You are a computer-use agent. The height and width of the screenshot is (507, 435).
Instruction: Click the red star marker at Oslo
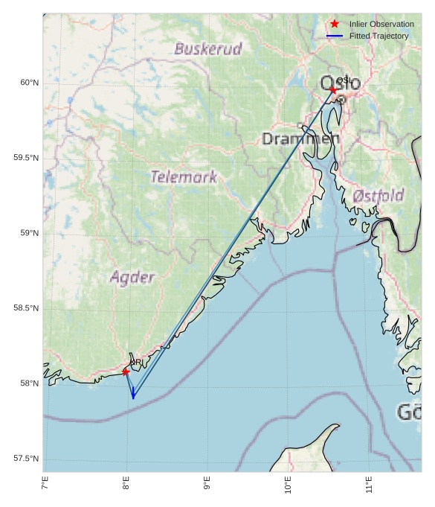(x=332, y=89)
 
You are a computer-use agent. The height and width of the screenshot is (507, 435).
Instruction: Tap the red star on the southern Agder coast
(x=126, y=372)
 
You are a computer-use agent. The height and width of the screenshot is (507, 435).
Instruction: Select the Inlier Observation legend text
(x=381, y=25)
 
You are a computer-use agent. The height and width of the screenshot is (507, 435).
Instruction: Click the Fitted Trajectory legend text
(x=378, y=36)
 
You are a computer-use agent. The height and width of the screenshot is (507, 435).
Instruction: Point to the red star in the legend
(x=335, y=24)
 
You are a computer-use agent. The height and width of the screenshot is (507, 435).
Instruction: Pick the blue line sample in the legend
(x=335, y=36)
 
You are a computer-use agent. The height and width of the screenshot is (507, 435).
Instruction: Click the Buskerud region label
(x=208, y=49)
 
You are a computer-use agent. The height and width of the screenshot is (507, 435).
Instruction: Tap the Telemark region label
(x=184, y=177)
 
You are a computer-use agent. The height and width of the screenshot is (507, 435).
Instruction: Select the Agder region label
(x=132, y=278)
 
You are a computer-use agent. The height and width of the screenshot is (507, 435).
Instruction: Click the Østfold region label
(x=378, y=196)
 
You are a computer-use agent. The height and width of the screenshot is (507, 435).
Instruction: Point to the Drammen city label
(x=300, y=138)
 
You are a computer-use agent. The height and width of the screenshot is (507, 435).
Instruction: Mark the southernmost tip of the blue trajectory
(x=133, y=398)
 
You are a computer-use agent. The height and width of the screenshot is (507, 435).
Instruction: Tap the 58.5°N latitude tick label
(x=24, y=308)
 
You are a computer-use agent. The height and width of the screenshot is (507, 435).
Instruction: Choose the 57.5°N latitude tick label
(x=24, y=459)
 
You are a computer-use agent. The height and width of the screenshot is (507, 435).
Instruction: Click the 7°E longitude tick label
(x=45, y=485)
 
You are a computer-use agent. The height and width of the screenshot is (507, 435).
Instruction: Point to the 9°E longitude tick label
(x=207, y=485)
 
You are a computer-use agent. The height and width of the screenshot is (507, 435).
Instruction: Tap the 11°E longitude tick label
(x=369, y=485)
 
